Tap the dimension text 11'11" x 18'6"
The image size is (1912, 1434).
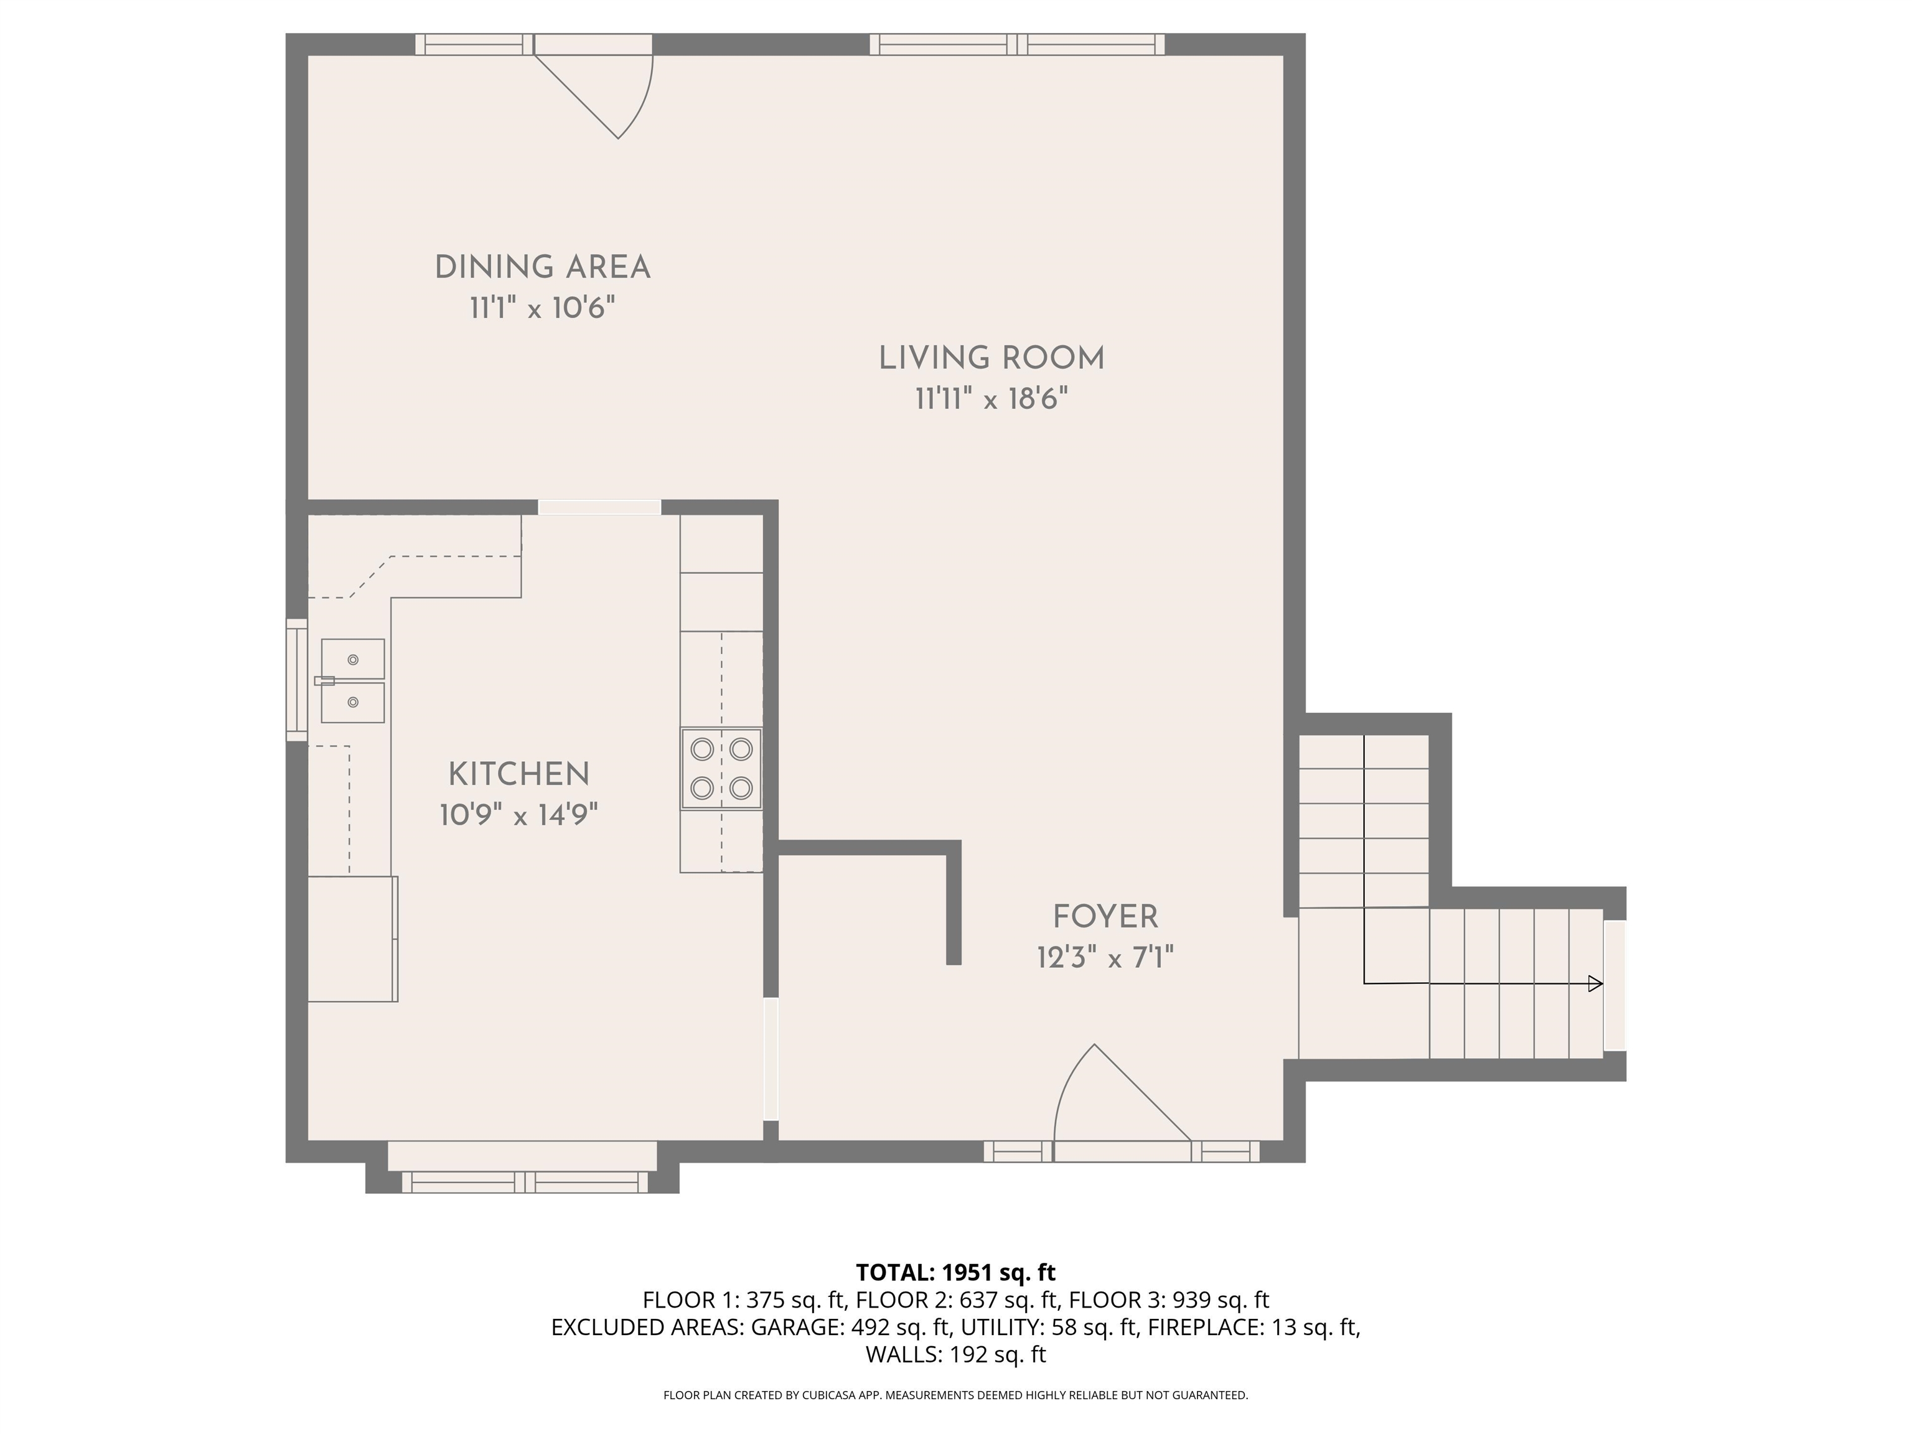[991, 400]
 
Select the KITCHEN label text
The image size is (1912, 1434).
[518, 774]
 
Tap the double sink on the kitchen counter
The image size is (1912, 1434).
[353, 681]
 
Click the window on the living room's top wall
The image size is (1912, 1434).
[1016, 44]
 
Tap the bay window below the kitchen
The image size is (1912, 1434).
[524, 1181]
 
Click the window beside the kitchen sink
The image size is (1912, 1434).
[296, 680]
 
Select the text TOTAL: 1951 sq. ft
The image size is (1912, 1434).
[955, 1272]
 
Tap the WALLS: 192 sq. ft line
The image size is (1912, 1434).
[955, 1354]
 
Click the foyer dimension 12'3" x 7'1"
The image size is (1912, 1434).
[1105, 958]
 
